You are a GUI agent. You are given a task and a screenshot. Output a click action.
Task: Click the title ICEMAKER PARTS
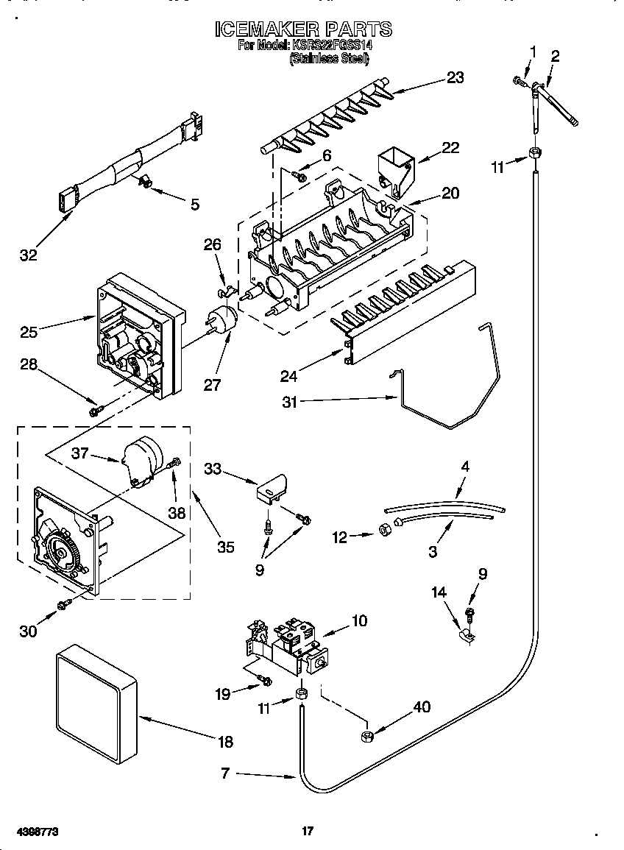pos(303,29)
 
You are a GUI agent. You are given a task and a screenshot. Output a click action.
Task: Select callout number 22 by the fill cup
pos(450,148)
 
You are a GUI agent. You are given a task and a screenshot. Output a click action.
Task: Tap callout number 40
pos(421,708)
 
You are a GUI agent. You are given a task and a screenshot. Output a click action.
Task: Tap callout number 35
pos(226,546)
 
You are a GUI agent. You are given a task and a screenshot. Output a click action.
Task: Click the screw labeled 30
pos(64,605)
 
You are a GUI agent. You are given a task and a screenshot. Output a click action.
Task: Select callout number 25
pos(29,333)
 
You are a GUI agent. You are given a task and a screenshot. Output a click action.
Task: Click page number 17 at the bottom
pos(308,831)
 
